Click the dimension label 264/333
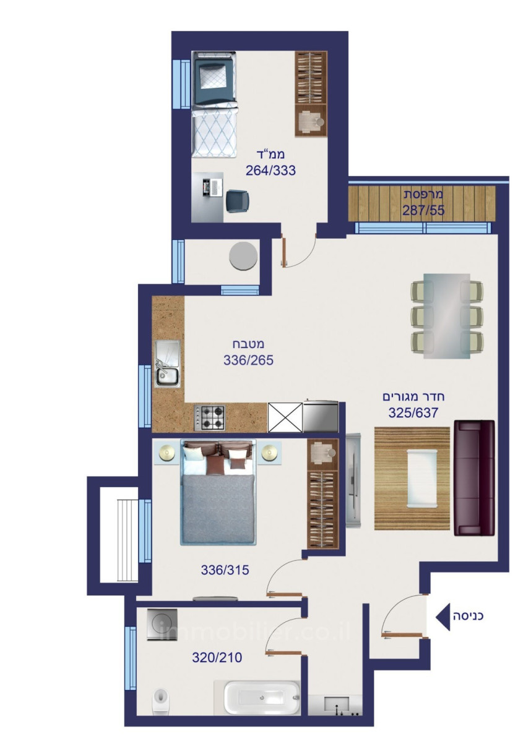click(270, 170)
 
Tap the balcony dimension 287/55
click(423, 210)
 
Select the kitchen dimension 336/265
click(248, 360)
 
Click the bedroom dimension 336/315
click(225, 570)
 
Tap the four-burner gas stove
click(209, 418)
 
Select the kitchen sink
click(167, 364)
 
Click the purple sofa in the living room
click(474, 478)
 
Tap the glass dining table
click(446, 316)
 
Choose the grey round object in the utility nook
click(243, 257)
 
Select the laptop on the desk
click(212, 187)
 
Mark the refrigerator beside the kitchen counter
click(320, 416)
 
